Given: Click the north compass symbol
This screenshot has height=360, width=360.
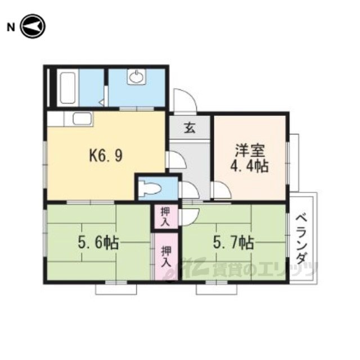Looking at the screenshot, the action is [33, 26].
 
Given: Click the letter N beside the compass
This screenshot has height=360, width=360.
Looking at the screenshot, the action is [11, 28].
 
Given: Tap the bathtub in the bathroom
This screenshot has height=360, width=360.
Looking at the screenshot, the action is [67, 88].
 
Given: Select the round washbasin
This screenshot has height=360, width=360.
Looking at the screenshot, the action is [137, 77].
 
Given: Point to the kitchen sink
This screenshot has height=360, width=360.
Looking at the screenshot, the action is [82, 119].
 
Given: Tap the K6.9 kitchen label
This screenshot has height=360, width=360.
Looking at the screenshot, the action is [106, 155].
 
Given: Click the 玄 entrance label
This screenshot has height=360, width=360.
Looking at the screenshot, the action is [190, 128].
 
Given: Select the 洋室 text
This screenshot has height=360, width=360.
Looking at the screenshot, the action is [250, 150].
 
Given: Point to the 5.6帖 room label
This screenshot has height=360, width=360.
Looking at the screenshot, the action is [98, 243].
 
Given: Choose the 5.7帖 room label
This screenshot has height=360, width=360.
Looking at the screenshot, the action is [233, 243].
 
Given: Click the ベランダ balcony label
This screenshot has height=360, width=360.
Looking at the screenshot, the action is [301, 239].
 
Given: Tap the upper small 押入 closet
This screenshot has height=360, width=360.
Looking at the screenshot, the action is [165, 217].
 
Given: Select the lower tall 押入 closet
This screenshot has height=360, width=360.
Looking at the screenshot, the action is [166, 256].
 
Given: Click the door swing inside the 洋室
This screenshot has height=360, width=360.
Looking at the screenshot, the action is [221, 190].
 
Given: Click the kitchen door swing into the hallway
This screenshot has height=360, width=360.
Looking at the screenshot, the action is [176, 159].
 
